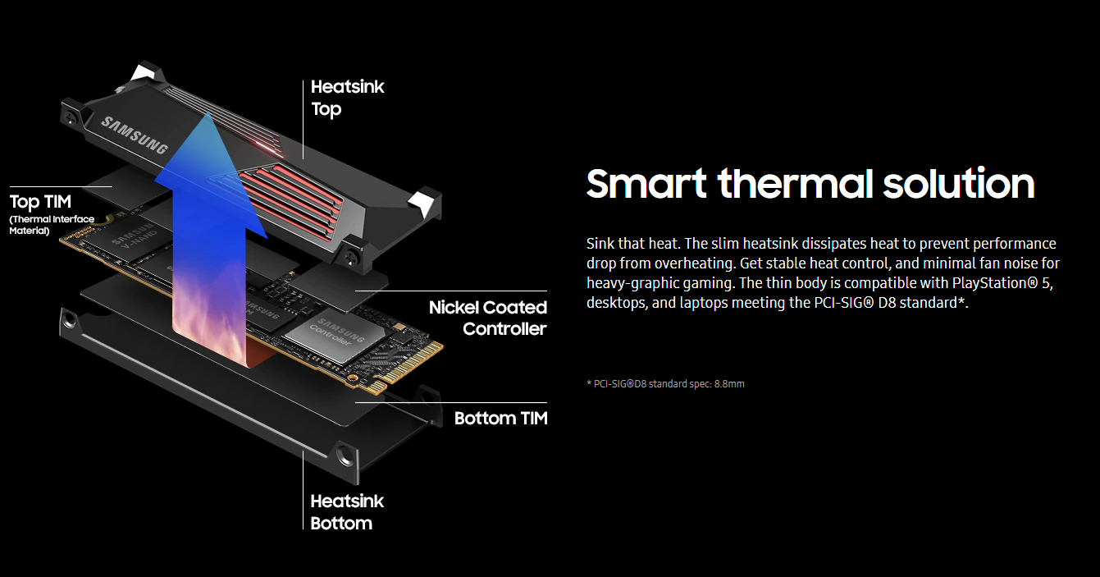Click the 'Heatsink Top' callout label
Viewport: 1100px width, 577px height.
pyautogui.click(x=347, y=98)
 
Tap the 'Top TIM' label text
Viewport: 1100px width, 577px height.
pyautogui.click(x=40, y=202)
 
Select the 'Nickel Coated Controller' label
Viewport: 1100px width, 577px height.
pyautogui.click(x=487, y=318)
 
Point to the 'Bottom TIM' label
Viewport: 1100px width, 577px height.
pyautogui.click(x=500, y=419)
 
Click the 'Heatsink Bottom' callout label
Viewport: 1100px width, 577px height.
pyautogui.click(x=347, y=512)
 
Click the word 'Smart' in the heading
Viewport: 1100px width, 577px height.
pyautogui.click(x=646, y=183)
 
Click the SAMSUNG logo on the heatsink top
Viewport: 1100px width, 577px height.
pyautogui.click(x=134, y=135)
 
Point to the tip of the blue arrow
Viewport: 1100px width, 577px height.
pyautogui.click(x=208, y=112)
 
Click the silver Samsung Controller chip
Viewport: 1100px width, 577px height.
pyautogui.click(x=335, y=336)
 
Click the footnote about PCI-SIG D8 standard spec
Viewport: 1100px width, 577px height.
pyautogui.click(x=665, y=384)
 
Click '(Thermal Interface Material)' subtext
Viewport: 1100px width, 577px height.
pyautogui.click(x=52, y=225)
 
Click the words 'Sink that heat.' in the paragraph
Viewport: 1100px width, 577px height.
pyautogui.click(x=633, y=243)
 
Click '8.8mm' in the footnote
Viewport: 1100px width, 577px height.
pyautogui.click(x=729, y=384)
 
